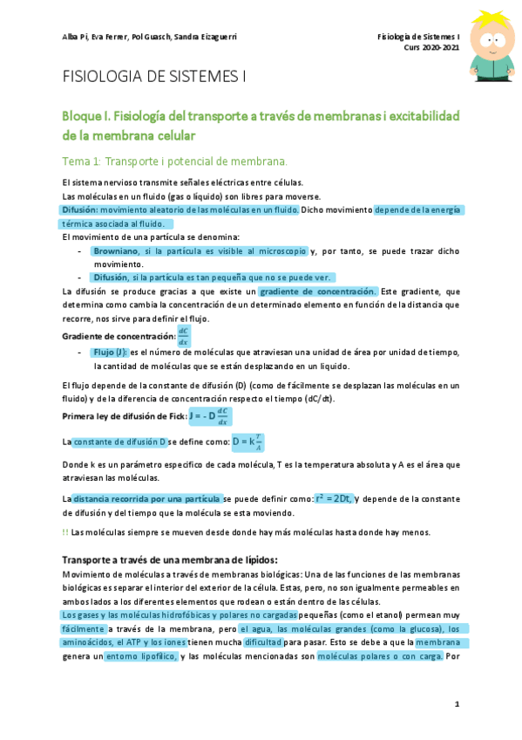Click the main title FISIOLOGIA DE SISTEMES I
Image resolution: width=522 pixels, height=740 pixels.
click(x=153, y=77)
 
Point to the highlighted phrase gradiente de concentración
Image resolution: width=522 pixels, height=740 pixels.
click(x=318, y=291)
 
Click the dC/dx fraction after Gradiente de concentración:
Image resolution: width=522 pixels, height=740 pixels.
click(x=183, y=336)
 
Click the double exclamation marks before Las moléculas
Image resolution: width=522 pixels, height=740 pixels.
click(x=65, y=532)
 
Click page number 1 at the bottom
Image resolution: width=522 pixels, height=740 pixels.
click(x=456, y=704)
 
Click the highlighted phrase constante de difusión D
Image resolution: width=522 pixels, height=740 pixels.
click(x=119, y=442)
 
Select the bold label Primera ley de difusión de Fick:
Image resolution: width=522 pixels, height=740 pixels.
click(x=124, y=416)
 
